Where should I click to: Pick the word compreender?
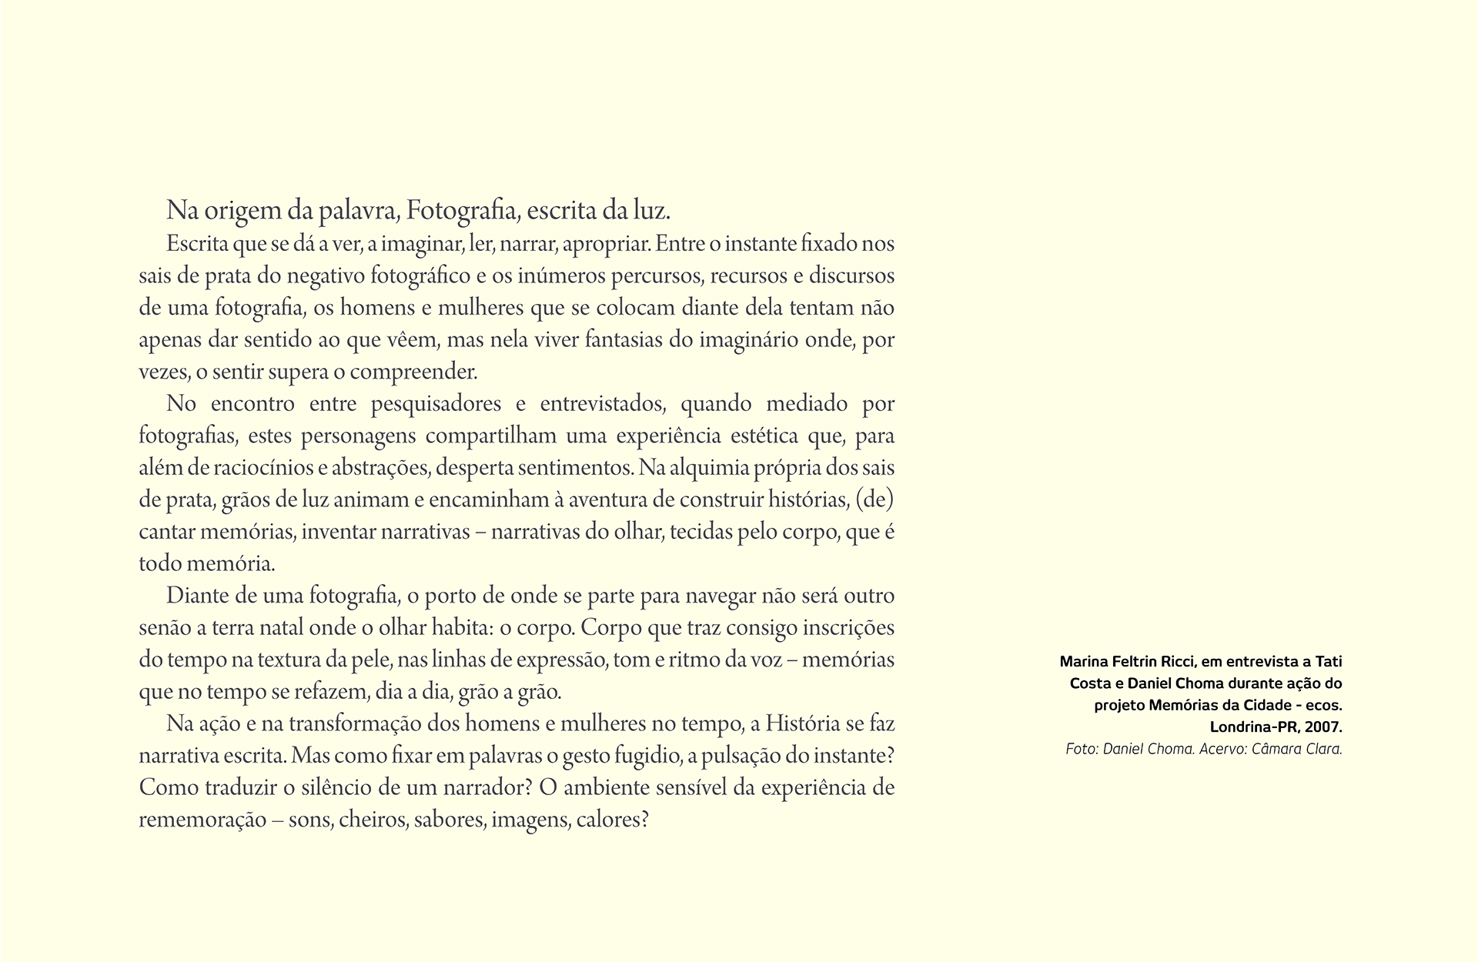pyautogui.click(x=413, y=372)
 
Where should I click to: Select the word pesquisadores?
pyautogui.click(x=436, y=404)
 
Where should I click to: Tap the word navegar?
pyautogui.click(x=719, y=596)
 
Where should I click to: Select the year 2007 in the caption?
pyautogui.click(x=1323, y=727)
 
